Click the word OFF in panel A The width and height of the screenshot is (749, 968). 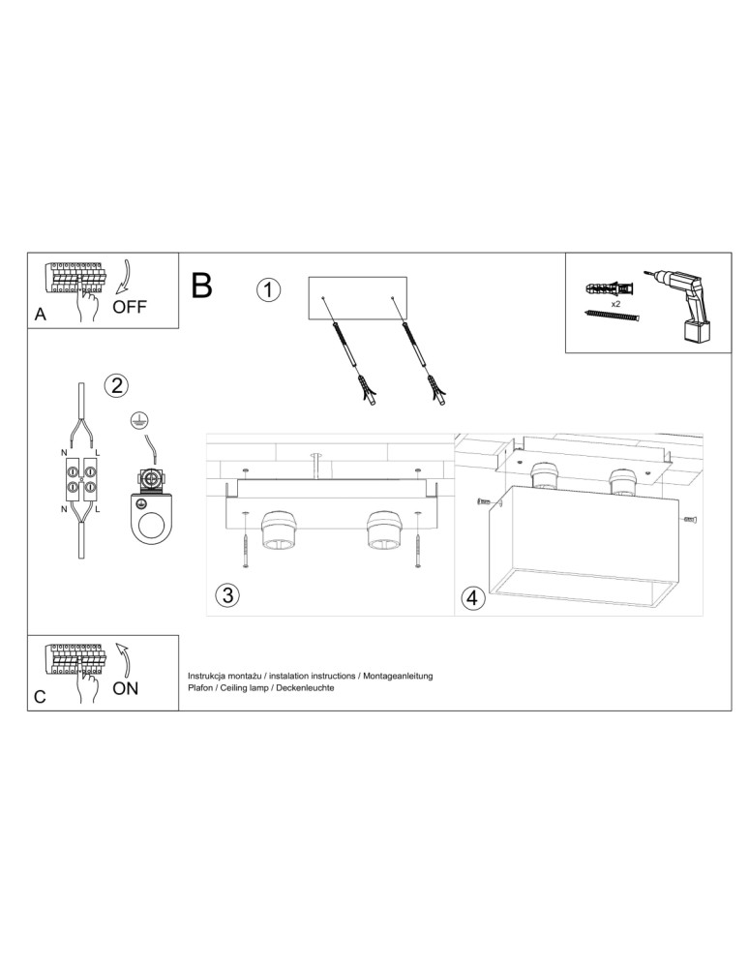(129, 308)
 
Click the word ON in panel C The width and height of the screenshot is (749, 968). (126, 689)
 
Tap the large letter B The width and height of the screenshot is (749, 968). (202, 286)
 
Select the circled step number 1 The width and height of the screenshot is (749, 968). (268, 289)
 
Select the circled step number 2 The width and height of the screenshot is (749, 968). (115, 385)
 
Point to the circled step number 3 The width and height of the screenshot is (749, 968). (226, 594)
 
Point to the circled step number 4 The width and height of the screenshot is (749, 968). (472, 599)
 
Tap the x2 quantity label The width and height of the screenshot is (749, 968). (615, 303)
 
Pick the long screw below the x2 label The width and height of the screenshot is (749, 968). (613, 315)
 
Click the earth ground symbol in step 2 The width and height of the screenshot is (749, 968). (138, 421)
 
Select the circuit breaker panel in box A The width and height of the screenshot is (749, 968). (75, 277)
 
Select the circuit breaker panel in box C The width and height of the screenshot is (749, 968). (75, 659)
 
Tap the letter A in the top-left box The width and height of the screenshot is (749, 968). (40, 315)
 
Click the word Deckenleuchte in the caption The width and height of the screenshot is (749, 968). (303, 687)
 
